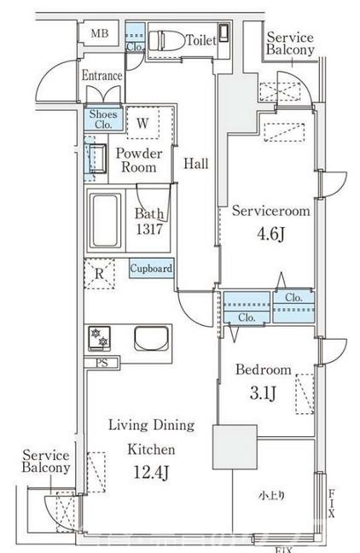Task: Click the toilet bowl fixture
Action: [x=166, y=41]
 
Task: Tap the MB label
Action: [x=100, y=33]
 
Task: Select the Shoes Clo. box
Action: [x=103, y=119]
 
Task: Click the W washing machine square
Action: [x=142, y=123]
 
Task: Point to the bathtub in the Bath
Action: [x=105, y=220]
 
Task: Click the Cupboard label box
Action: [x=152, y=268]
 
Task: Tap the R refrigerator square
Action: [x=100, y=274]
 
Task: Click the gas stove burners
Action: [x=100, y=338]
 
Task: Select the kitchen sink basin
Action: [x=152, y=339]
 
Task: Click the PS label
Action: [x=102, y=363]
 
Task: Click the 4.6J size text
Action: [x=270, y=234]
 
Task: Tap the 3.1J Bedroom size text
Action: [x=263, y=393]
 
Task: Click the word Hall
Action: [x=196, y=164]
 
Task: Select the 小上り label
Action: [x=272, y=496]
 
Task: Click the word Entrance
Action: [x=102, y=75]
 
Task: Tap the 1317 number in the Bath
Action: [x=149, y=230]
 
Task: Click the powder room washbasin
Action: [x=96, y=159]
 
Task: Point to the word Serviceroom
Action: [x=271, y=211]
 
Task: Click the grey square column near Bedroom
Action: [x=235, y=447]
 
